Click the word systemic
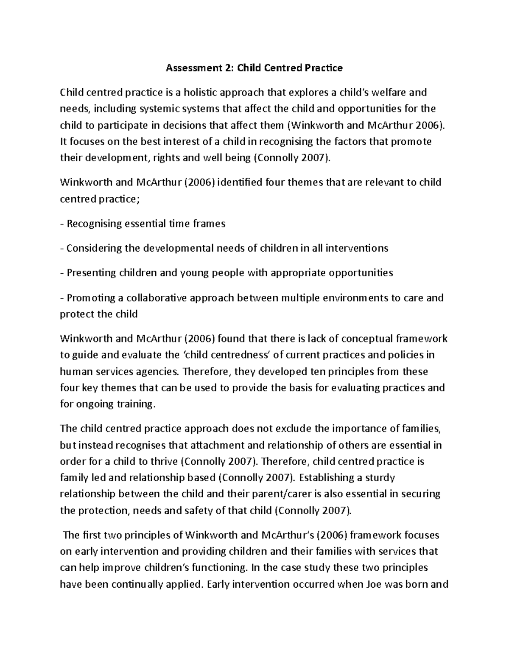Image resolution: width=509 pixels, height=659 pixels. tap(162, 109)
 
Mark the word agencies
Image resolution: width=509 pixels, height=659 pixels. tap(158, 372)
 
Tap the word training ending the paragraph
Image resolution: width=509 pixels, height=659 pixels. tap(134, 404)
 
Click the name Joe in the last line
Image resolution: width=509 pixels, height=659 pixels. tap(373, 585)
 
